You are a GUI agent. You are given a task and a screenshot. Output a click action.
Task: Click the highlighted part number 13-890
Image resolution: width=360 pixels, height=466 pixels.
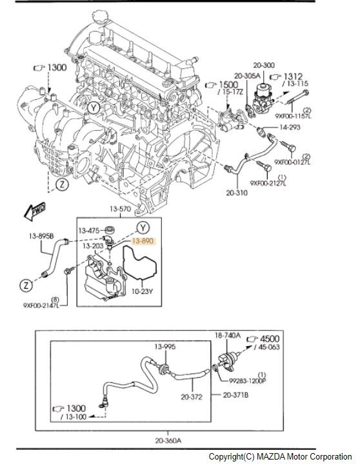tap(144, 240)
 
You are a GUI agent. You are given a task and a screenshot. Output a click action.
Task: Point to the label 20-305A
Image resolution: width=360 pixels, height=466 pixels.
tap(247, 75)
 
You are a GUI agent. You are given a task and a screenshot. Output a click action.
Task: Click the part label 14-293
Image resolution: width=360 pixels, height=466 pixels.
tap(290, 128)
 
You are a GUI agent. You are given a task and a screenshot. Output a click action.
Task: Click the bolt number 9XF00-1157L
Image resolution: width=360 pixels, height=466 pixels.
tap(294, 117)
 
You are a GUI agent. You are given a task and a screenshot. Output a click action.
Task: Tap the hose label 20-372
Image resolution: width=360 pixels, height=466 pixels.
tap(193, 398)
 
